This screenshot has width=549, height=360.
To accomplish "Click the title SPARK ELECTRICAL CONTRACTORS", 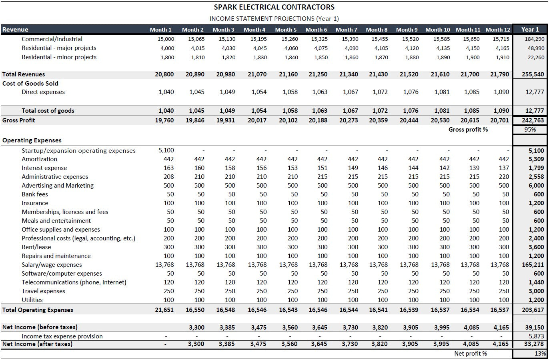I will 274,7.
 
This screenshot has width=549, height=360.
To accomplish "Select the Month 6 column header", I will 316,30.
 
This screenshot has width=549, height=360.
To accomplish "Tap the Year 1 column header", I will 530,29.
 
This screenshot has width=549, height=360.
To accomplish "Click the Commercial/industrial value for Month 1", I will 166,39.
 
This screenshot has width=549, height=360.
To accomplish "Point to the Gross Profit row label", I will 19,120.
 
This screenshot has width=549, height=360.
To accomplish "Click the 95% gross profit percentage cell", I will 530,130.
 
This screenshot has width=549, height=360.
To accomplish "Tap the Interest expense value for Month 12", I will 504,168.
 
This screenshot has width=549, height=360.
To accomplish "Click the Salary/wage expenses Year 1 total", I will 534,265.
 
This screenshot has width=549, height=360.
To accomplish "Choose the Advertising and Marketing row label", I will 58,186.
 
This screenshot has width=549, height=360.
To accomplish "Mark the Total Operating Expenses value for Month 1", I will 164,310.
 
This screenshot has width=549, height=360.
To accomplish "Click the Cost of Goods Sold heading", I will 30,84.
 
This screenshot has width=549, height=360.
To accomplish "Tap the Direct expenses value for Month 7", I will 351,92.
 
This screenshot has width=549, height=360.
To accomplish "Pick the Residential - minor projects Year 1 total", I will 536,57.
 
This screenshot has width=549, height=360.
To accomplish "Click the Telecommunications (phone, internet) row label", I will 74,282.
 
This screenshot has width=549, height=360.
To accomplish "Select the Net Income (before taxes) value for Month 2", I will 196,328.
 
